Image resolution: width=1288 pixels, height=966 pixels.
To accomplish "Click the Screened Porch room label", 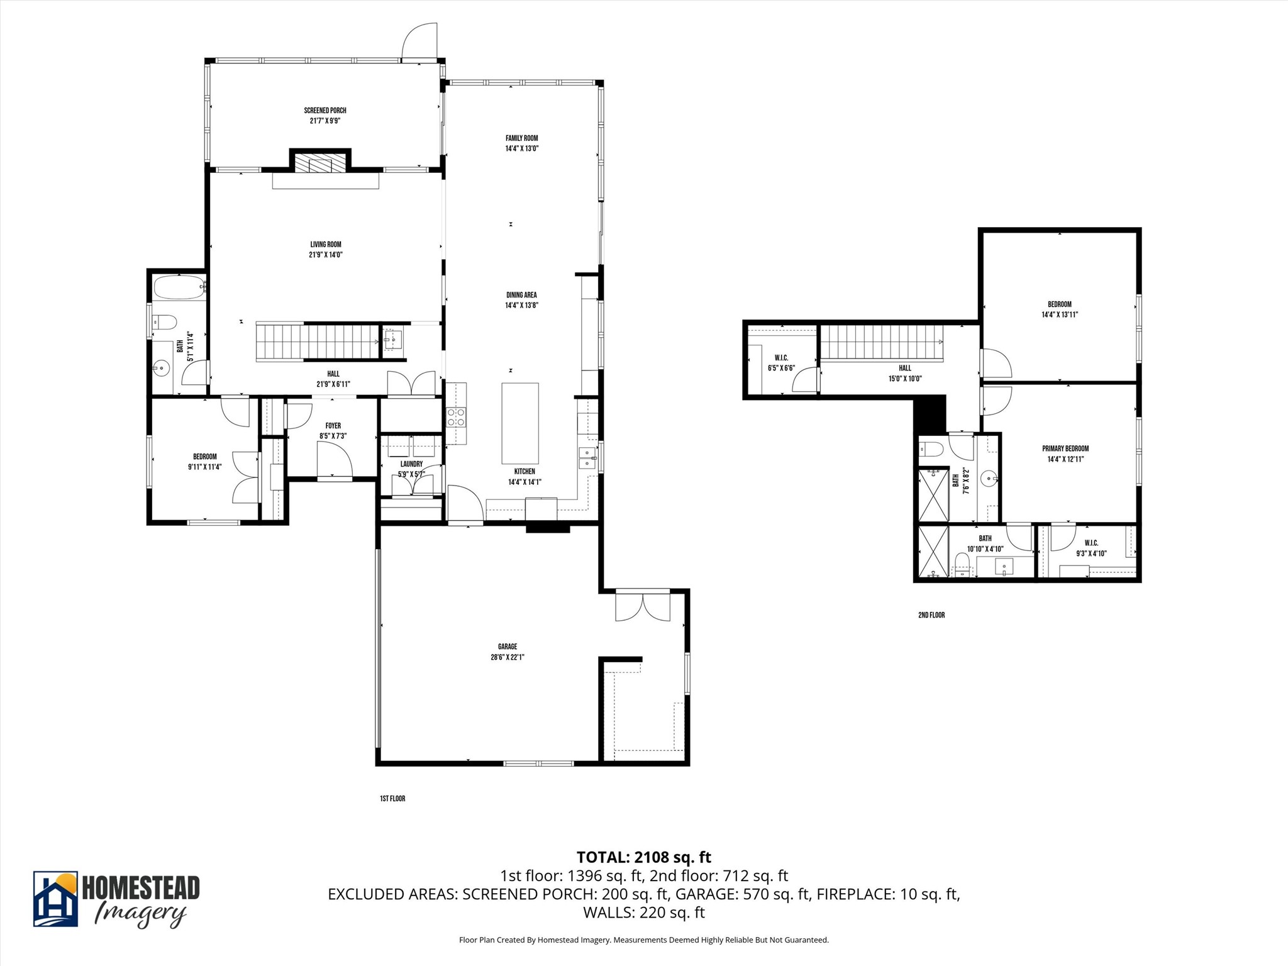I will click(325, 111).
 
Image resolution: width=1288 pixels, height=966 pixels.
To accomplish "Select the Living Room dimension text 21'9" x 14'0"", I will click(326, 255).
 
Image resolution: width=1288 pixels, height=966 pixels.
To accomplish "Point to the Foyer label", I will click(333, 426).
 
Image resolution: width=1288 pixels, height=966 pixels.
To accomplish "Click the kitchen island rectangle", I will click(520, 423).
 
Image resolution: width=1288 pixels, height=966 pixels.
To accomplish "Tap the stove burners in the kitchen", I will click(456, 417).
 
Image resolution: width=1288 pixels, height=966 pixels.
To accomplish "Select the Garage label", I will click(507, 647).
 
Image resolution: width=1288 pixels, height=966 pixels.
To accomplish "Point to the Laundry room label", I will click(411, 464).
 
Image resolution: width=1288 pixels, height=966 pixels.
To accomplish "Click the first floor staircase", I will click(318, 342).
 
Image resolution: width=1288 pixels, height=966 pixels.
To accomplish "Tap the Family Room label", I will click(521, 138).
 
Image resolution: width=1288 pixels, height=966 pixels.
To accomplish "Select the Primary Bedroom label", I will click(1065, 448).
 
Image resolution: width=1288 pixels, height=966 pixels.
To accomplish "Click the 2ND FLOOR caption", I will click(931, 615).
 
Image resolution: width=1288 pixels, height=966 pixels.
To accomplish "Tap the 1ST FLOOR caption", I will click(392, 799).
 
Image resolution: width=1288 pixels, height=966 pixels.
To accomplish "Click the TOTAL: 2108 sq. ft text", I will click(643, 857).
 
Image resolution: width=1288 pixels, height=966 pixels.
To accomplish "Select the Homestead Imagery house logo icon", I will click(55, 899).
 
